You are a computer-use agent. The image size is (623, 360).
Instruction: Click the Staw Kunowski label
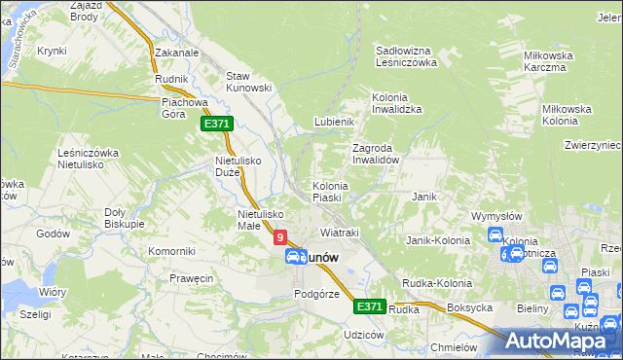(x=247, y=82)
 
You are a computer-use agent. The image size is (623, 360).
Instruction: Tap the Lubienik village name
(x=331, y=122)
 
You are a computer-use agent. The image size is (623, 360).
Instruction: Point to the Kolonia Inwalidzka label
(x=396, y=103)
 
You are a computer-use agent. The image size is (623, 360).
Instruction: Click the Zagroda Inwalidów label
(x=376, y=154)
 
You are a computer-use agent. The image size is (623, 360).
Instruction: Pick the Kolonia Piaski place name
(x=330, y=192)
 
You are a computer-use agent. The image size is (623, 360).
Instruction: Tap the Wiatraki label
(x=340, y=233)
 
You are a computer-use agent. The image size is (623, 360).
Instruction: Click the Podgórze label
(x=315, y=294)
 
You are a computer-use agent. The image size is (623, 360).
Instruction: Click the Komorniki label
(x=171, y=251)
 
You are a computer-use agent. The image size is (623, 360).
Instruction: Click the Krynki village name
(x=52, y=51)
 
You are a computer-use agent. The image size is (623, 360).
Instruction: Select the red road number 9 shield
(x=280, y=236)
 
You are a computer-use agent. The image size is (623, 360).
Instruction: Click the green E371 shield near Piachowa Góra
(x=216, y=125)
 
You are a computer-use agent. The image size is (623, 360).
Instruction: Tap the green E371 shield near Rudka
(x=368, y=306)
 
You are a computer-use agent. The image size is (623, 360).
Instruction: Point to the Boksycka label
(x=469, y=308)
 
